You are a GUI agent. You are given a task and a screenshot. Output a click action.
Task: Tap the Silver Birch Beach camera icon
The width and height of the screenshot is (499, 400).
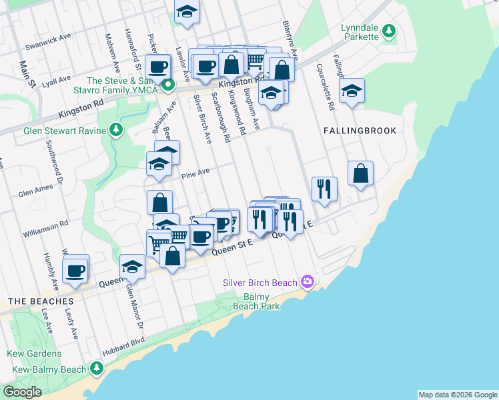[x=307, y=283]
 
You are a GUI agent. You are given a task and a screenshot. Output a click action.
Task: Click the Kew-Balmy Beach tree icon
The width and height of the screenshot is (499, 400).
[x=97, y=369]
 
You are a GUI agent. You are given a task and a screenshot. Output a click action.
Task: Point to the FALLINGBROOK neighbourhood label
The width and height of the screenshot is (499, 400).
[x=360, y=131]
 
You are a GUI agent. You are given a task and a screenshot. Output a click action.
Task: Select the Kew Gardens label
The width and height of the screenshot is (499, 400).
[x=35, y=354]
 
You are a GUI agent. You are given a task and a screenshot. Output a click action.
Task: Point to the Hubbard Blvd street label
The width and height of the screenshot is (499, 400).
[x=123, y=346]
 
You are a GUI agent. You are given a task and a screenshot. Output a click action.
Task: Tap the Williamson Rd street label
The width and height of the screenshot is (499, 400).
[x=46, y=226]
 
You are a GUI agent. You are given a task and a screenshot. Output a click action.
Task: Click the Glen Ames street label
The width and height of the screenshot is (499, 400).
[x=35, y=193]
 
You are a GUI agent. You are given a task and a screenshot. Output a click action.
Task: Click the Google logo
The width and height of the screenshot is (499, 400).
[x=22, y=392]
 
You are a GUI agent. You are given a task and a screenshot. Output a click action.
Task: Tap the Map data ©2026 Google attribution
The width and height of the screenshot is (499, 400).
[x=458, y=395]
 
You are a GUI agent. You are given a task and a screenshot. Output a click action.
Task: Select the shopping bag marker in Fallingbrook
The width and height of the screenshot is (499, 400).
[x=360, y=174]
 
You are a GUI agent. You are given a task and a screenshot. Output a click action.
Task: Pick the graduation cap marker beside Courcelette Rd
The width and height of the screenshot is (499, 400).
[x=352, y=91]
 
